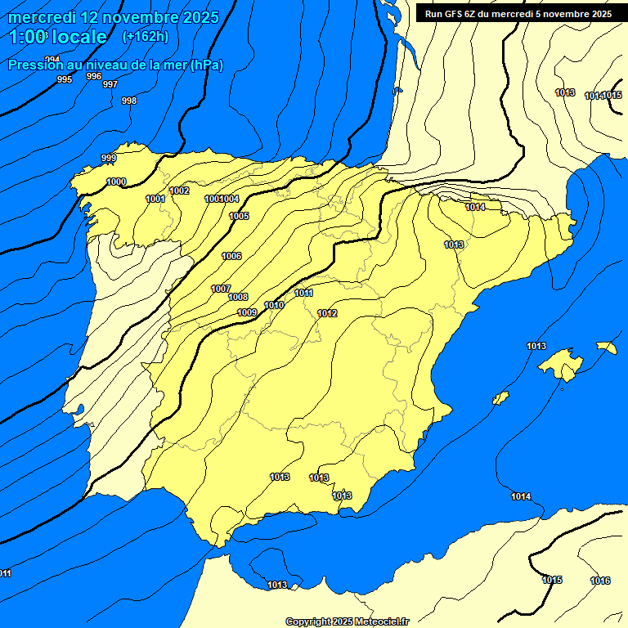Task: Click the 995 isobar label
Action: (65, 79)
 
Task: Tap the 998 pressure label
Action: (129, 101)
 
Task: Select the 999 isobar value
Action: (109, 158)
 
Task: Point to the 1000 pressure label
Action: (116, 182)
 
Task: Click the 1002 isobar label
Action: (179, 191)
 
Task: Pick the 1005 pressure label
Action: (239, 216)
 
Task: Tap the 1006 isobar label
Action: (231, 256)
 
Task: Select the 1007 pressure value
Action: (221, 289)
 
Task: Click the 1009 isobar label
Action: (248, 312)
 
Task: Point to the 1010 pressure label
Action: (274, 305)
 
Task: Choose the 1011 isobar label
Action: (304, 293)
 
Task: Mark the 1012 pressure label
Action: (328, 313)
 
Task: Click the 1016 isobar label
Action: (600, 581)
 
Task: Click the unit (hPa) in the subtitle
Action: (207, 65)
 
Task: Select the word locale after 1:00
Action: (79, 37)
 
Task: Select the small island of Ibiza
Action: (500, 398)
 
